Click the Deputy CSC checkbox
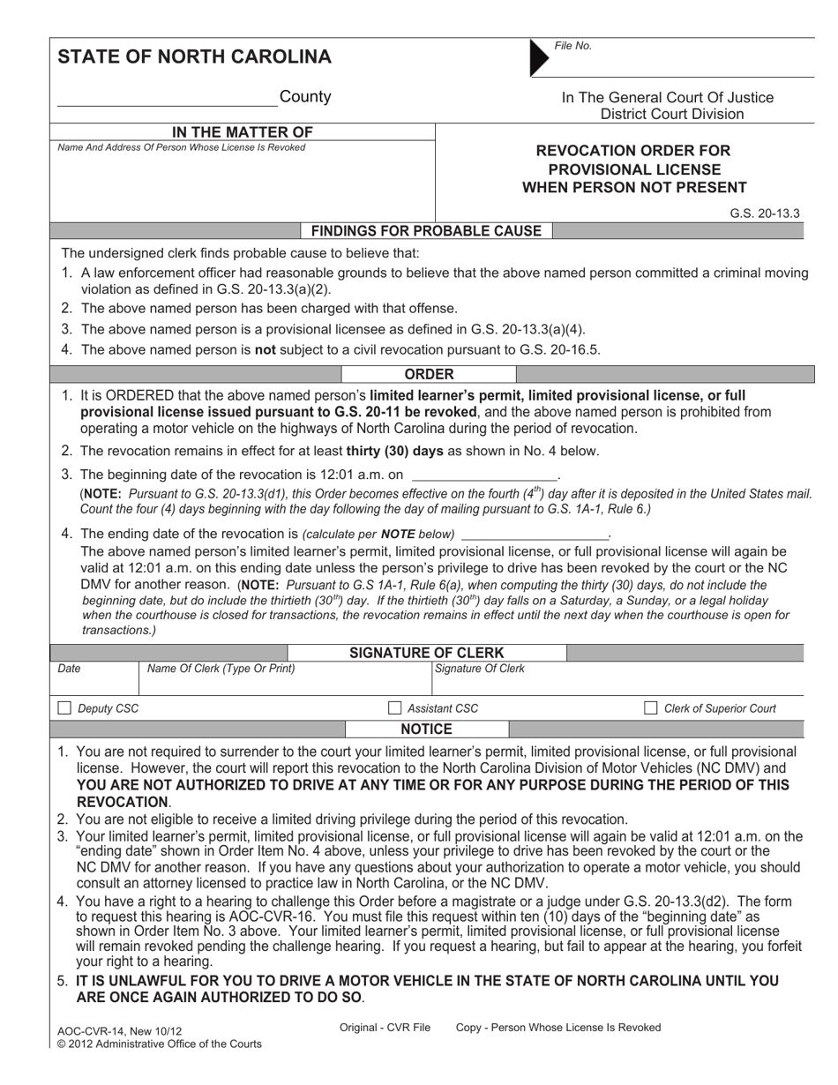(64, 708)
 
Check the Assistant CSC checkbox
(395, 708)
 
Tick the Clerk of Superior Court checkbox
(651, 708)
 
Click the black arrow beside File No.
(537, 57)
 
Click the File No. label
(572, 46)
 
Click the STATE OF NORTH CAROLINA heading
(194, 57)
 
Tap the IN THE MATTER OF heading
(242, 132)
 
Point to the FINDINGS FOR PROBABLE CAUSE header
(426, 231)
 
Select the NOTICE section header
(426, 730)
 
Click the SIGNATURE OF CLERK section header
(427, 654)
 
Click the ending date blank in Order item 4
(535, 535)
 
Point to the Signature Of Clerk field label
(479, 670)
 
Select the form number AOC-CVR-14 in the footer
(87, 1031)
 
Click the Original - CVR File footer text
(385, 1028)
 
